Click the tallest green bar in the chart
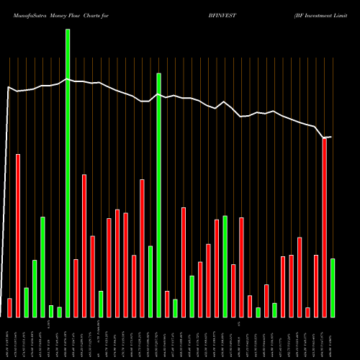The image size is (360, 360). pos(68,173)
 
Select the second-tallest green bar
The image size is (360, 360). pos(158,194)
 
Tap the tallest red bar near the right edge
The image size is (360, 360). pos(325,228)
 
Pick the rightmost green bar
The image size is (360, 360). pos(333,287)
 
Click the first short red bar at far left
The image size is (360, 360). pos(9,307)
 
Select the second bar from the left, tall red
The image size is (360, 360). pos(18,235)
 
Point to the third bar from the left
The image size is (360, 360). pos(26,302)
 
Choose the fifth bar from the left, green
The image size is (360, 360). pos(42,266)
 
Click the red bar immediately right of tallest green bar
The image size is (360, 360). pos(76,288)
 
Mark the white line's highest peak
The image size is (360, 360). pos(68,79)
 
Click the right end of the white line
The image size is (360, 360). pos(331,137)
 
